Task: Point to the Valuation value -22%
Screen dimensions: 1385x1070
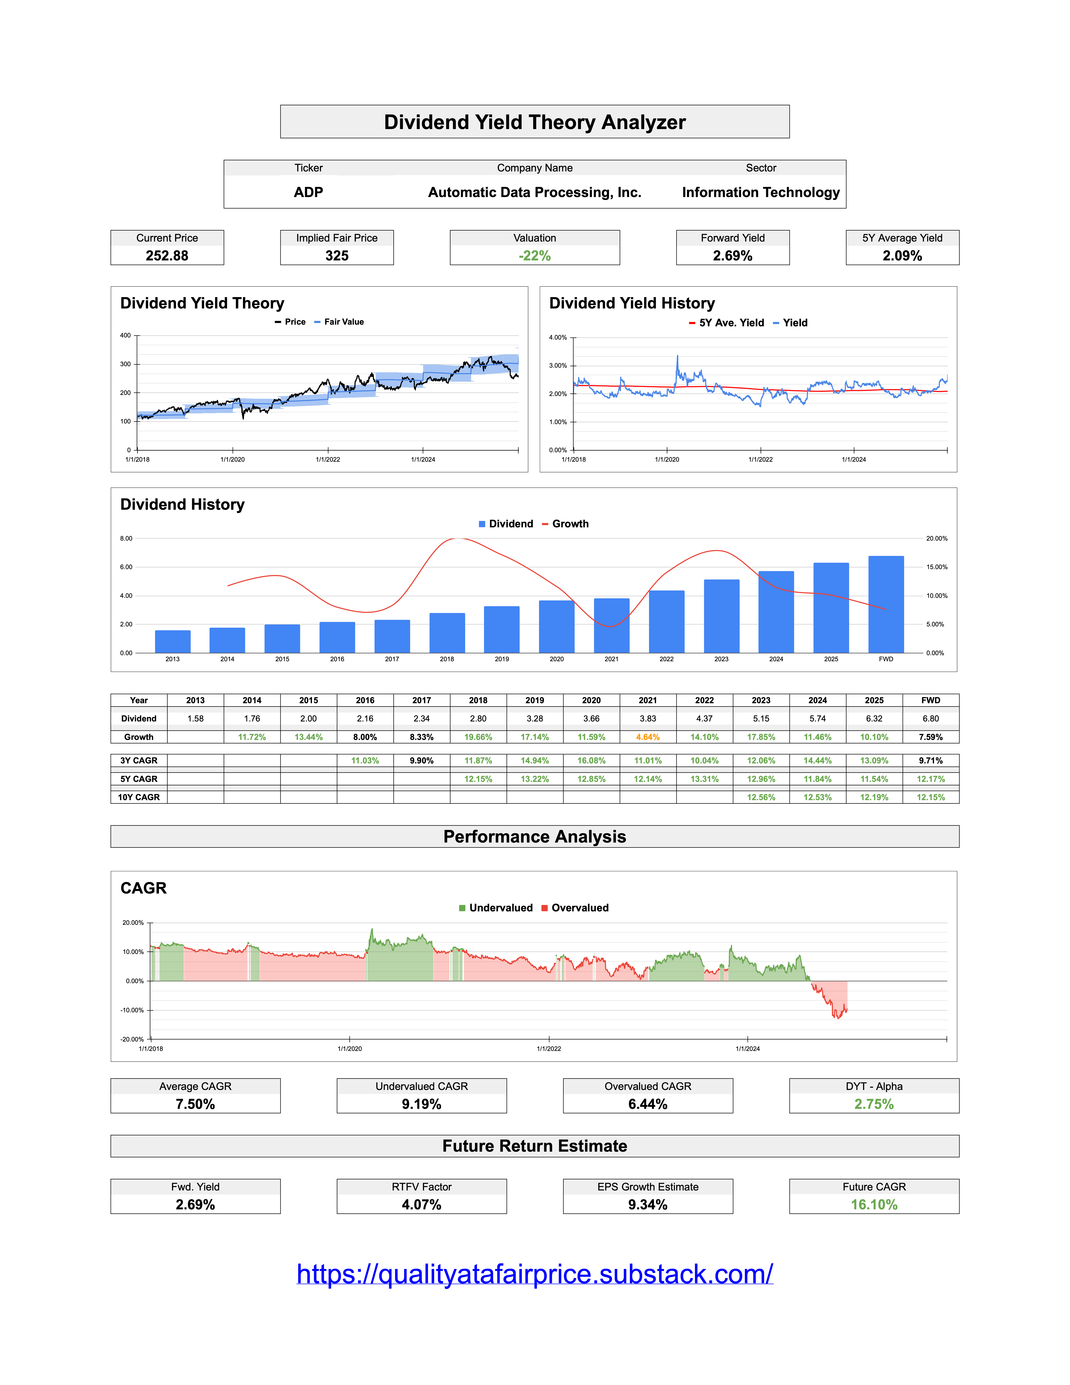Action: coord(534,256)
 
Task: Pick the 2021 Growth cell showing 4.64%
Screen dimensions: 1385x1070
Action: coord(647,737)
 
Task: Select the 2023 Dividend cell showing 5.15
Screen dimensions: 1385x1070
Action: coord(761,719)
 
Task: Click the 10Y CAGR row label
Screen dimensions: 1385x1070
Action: coord(139,797)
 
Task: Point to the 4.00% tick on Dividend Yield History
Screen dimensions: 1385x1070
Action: coord(558,337)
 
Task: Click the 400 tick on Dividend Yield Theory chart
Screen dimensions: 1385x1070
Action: coord(125,336)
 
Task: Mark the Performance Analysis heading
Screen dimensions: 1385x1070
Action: coord(534,836)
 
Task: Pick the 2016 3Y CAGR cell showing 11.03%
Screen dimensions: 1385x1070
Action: coord(365,760)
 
